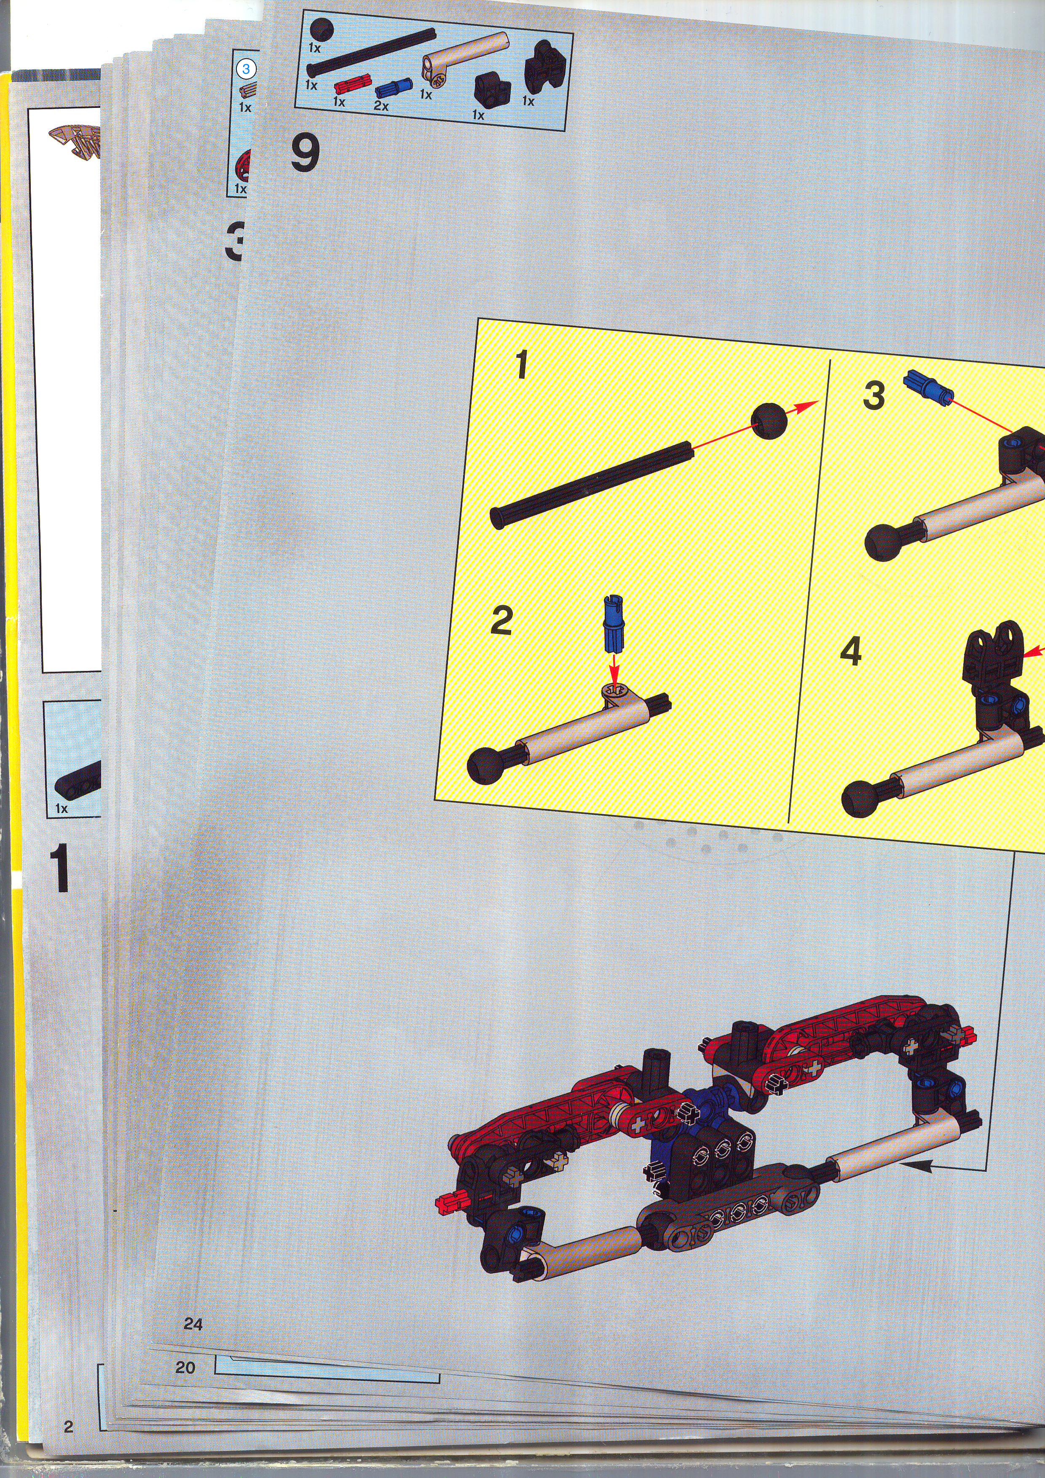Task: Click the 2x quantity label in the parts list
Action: [x=381, y=105]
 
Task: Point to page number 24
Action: [x=193, y=1323]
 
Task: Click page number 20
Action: [x=185, y=1367]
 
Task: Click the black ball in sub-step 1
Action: [x=769, y=421]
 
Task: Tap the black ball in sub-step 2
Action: [x=485, y=766]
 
